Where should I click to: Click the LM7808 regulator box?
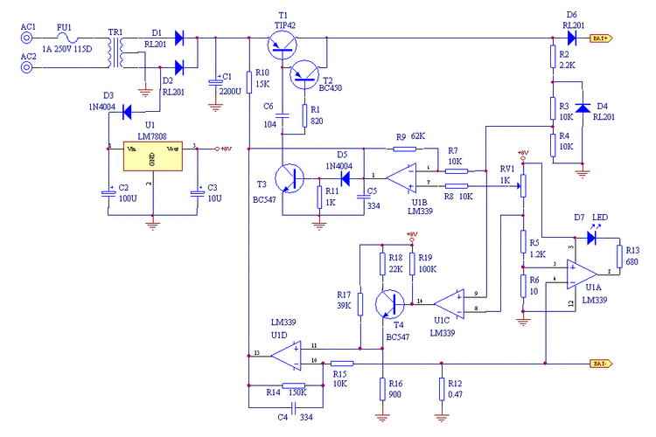tap(152, 159)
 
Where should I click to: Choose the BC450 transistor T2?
tap(307, 78)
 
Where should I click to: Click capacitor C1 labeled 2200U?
tap(215, 83)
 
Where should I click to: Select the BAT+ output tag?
tap(601, 38)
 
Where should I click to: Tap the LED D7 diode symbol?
tap(595, 236)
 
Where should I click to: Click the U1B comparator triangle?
tap(401, 178)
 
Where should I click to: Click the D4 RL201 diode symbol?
tap(578, 108)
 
